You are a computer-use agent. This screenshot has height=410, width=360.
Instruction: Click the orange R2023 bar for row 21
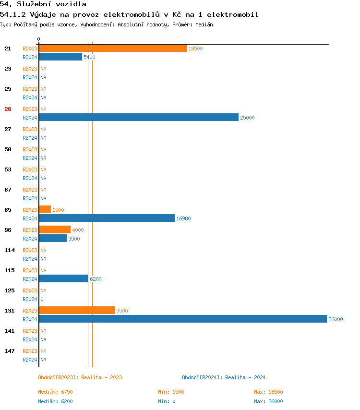[x=113, y=48]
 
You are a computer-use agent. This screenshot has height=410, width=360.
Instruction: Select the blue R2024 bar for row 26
[x=139, y=117]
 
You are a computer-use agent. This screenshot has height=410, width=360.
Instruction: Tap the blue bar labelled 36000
[x=183, y=319]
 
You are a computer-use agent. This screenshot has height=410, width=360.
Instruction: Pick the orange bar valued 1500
[x=45, y=209]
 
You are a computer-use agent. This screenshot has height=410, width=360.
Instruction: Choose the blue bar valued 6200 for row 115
[x=63, y=278]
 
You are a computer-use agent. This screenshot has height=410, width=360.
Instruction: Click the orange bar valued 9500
[x=77, y=310]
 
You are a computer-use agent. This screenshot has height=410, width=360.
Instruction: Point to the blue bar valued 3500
[x=53, y=238]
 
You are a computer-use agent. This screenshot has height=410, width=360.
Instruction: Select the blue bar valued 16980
[x=107, y=218]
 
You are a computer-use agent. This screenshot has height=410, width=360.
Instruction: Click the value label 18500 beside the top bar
[x=195, y=48]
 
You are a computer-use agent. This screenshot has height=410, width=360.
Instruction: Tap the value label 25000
[x=247, y=118]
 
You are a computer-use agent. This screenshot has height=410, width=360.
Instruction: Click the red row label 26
[x=8, y=109]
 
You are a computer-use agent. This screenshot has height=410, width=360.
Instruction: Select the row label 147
[x=10, y=351]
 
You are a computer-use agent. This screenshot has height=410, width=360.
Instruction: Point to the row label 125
[x=10, y=290]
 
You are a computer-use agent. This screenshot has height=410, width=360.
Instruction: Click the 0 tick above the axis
[x=39, y=39]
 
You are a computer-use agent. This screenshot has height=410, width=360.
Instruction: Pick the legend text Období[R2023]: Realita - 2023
[x=80, y=377]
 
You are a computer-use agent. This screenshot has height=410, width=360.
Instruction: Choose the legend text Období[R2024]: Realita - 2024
[x=224, y=377]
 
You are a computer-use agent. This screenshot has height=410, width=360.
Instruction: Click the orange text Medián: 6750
[x=55, y=392]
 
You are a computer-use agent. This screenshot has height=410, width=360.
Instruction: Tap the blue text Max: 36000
[x=268, y=401]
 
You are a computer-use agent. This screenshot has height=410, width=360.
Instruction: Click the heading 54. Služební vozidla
[x=43, y=4]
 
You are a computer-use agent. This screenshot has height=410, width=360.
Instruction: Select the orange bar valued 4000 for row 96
[x=55, y=229]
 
